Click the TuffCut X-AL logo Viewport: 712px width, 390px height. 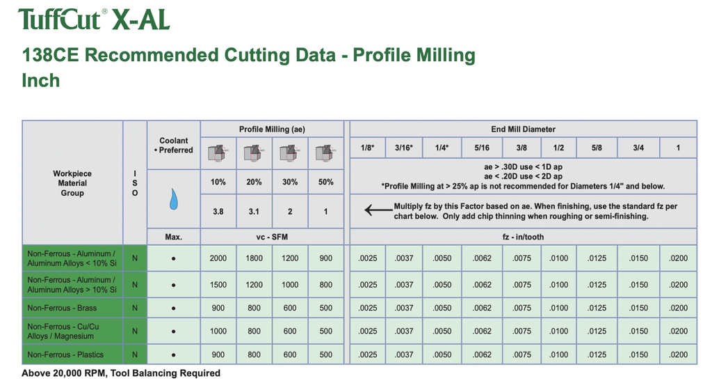tap(94, 19)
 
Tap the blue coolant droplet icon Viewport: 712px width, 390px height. tap(174, 199)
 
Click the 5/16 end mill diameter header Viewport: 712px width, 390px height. tap(482, 148)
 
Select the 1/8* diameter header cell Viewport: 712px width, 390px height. tap(368, 148)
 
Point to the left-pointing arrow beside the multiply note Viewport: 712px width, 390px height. tap(378, 210)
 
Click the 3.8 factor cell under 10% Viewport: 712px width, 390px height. tap(218, 211)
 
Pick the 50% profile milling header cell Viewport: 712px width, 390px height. tap(325, 182)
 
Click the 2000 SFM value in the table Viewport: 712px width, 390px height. tap(218, 258)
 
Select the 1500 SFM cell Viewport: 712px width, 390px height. tap(218, 285)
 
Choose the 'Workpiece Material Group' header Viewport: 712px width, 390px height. tap(72, 183)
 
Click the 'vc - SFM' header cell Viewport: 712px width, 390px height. tap(272, 237)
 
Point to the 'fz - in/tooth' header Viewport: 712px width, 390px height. tap(523, 237)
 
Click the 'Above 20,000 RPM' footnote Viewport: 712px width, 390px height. tap(121, 373)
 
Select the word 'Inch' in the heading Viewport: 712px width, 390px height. tap(41, 81)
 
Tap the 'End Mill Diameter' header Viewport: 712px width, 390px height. tap(523, 130)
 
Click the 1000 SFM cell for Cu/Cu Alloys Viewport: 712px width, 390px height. tap(218, 331)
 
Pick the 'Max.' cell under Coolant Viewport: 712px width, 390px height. tap(174, 237)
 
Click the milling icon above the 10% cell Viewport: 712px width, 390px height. tap(218, 153)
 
